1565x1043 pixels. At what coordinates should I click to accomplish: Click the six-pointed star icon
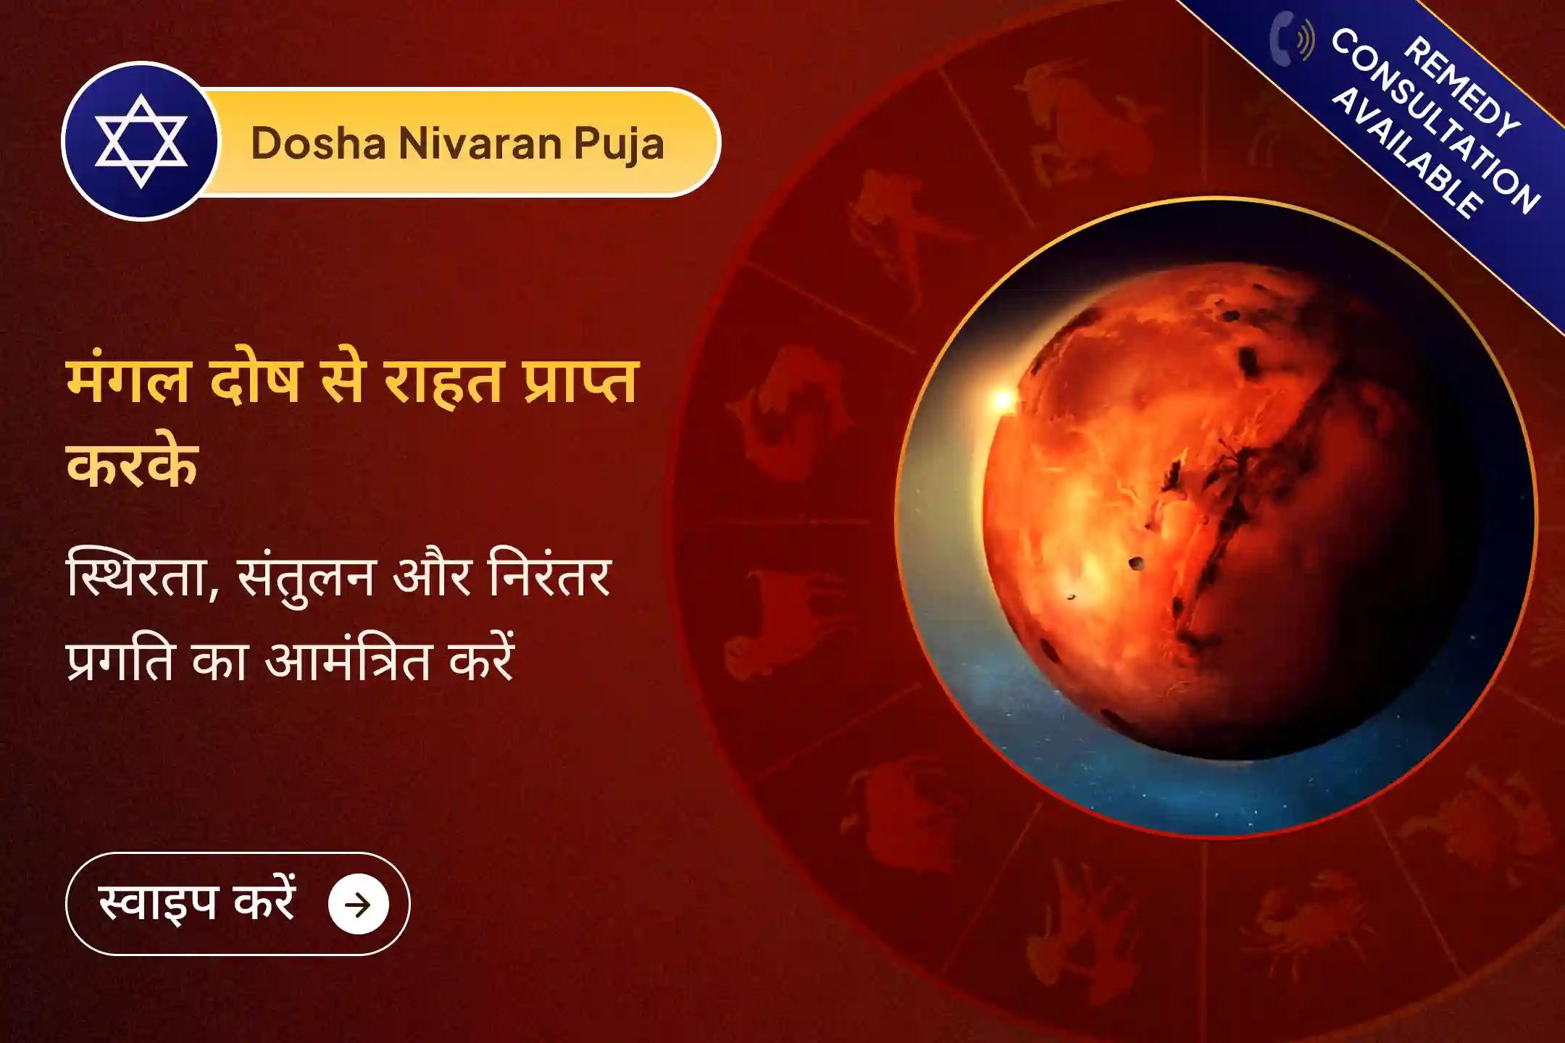[141, 141]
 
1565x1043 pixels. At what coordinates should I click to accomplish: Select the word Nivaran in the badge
[480, 143]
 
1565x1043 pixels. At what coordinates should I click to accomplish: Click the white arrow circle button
[359, 904]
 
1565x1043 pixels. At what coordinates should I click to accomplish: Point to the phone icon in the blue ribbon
[1291, 38]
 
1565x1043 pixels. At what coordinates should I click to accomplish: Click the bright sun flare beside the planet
[1003, 399]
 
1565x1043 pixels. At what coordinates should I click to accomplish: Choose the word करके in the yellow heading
[133, 464]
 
